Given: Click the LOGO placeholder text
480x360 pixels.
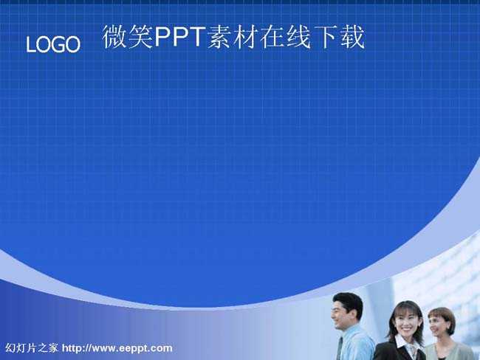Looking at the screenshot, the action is pyautogui.click(x=53, y=44).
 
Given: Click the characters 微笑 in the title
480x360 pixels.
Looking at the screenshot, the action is pyautogui.click(x=128, y=37).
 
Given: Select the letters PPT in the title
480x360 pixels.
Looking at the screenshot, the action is pyautogui.click(x=180, y=37).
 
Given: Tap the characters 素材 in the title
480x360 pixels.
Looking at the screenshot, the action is pyautogui.click(x=233, y=37).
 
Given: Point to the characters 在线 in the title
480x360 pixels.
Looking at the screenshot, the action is pyautogui.click(x=285, y=37).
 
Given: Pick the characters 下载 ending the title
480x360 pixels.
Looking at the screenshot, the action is pyautogui.click(x=338, y=37).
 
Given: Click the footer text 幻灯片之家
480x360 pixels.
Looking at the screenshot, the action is pyautogui.click(x=32, y=347).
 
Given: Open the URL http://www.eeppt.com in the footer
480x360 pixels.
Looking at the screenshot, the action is pyautogui.click(x=117, y=348).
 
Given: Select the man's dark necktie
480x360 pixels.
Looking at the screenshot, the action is pyautogui.click(x=340, y=348).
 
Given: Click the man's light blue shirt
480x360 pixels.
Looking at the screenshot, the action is pyautogui.click(x=357, y=344).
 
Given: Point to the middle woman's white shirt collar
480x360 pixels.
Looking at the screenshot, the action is pyautogui.click(x=403, y=344).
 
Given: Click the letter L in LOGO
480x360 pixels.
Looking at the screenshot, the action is pyautogui.click(x=30, y=45).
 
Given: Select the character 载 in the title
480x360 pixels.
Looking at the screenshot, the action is pyautogui.click(x=352, y=37).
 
